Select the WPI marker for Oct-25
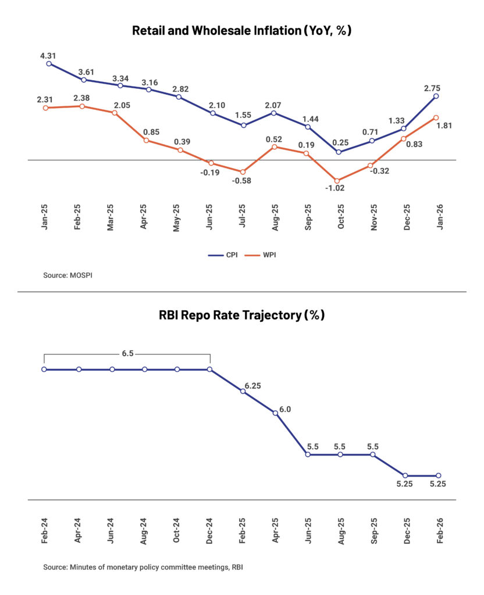(x=337, y=181)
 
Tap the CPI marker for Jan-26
(x=436, y=96)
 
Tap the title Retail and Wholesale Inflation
(x=241, y=31)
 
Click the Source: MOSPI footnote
(x=67, y=275)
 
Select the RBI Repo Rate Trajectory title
(x=241, y=316)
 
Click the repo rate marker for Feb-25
(x=243, y=391)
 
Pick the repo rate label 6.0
(x=285, y=409)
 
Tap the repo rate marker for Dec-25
(x=405, y=475)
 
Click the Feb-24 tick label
(x=45, y=531)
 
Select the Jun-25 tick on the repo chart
(x=307, y=531)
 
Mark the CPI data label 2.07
(x=274, y=105)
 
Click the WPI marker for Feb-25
(x=82, y=106)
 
